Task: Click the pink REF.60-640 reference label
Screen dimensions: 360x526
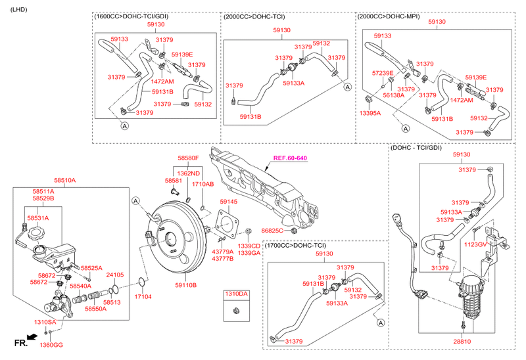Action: pos(290,158)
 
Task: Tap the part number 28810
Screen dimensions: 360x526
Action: pos(462,342)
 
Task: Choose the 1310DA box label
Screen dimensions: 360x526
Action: pos(237,293)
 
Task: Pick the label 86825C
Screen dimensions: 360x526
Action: pos(272,231)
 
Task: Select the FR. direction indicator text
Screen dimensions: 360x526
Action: pos(20,343)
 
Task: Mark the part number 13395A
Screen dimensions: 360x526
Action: pos(370,113)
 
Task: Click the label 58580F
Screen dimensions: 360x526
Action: pos(187,158)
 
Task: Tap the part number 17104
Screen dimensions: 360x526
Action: pos(143,297)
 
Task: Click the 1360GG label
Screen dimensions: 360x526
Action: pos(51,345)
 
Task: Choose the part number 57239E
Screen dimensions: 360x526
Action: pos(383,73)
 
